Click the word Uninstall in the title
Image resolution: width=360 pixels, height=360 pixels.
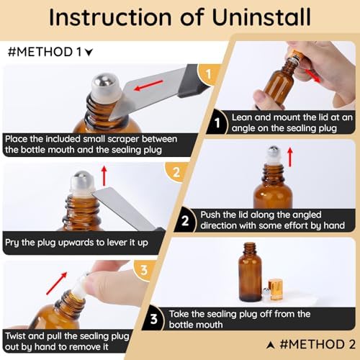[261, 17]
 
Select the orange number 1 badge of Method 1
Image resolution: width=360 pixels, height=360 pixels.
[208, 74]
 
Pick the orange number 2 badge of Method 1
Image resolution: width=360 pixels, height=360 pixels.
[176, 172]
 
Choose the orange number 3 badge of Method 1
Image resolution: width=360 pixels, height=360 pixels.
[144, 270]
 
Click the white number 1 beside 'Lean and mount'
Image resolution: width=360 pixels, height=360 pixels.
[217, 123]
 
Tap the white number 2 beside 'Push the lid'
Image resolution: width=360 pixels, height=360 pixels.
[185, 221]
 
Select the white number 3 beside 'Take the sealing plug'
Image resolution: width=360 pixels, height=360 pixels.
[154, 319]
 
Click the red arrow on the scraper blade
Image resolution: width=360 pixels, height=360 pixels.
[148, 86]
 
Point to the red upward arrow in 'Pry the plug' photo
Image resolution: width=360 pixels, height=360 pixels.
[104, 176]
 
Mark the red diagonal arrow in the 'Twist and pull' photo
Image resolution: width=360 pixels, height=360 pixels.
[57, 283]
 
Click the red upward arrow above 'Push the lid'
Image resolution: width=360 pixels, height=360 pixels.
[290, 157]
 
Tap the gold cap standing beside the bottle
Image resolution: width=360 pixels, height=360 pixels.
[275, 289]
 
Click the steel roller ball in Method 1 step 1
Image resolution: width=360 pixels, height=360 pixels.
[101, 81]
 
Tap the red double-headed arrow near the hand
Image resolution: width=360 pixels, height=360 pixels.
[312, 76]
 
